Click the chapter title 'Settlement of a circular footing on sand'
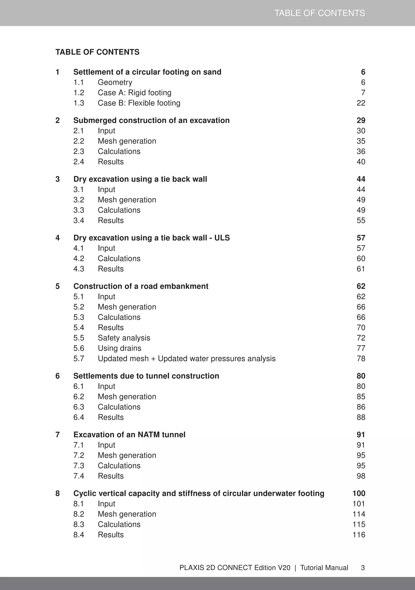(x=147, y=72)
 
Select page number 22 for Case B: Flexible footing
(x=361, y=103)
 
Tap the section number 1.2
(x=79, y=93)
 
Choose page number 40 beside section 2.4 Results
(x=361, y=162)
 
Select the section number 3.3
(x=79, y=210)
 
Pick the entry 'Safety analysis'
(x=124, y=338)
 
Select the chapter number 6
(x=58, y=376)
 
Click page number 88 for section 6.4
(x=361, y=417)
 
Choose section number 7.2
(x=79, y=455)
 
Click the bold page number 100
(x=359, y=493)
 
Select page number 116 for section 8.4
(x=359, y=535)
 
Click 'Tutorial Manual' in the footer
(x=324, y=568)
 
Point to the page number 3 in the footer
(x=363, y=568)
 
